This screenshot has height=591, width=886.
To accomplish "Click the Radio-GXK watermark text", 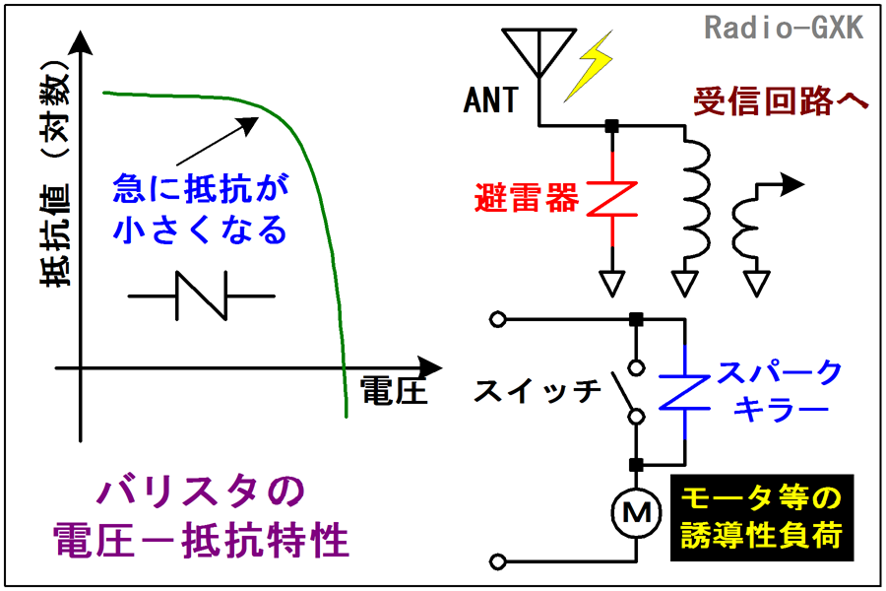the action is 784,28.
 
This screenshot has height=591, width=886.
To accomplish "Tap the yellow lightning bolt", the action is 589,66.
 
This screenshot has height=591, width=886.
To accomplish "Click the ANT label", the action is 490,100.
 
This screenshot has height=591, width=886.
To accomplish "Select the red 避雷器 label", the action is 527,197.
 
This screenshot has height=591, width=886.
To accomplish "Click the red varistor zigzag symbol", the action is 612,199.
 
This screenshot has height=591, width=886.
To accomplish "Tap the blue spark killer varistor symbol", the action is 685,392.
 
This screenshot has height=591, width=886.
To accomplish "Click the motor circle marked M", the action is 636,512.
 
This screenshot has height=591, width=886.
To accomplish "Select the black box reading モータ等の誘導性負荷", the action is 762,517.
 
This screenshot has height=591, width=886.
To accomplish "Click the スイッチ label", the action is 537,391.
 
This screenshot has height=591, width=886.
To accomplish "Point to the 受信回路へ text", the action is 781,101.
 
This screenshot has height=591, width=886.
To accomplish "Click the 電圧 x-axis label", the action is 393,391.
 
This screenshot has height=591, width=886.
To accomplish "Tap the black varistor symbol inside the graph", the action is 202,295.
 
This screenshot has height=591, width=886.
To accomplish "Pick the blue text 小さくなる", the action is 201,230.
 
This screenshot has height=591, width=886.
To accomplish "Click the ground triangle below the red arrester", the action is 612,284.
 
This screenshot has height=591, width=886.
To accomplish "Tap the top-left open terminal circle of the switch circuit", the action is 497,319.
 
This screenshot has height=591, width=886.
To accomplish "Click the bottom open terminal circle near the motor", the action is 497,561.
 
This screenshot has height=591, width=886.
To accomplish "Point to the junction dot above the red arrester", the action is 612,125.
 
